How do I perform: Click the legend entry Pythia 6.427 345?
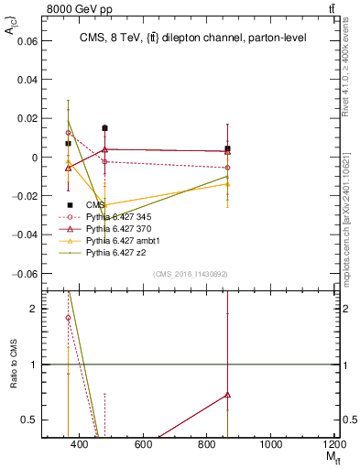pyautogui.click(x=115, y=217)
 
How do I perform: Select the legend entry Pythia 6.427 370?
pyautogui.click(x=115, y=228)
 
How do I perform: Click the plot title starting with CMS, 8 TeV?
pyautogui.click(x=193, y=38)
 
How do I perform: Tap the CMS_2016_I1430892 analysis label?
pyautogui.click(x=191, y=274)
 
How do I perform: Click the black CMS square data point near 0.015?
pyautogui.click(x=105, y=128)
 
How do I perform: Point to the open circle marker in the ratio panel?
pyautogui.click(x=68, y=318)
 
